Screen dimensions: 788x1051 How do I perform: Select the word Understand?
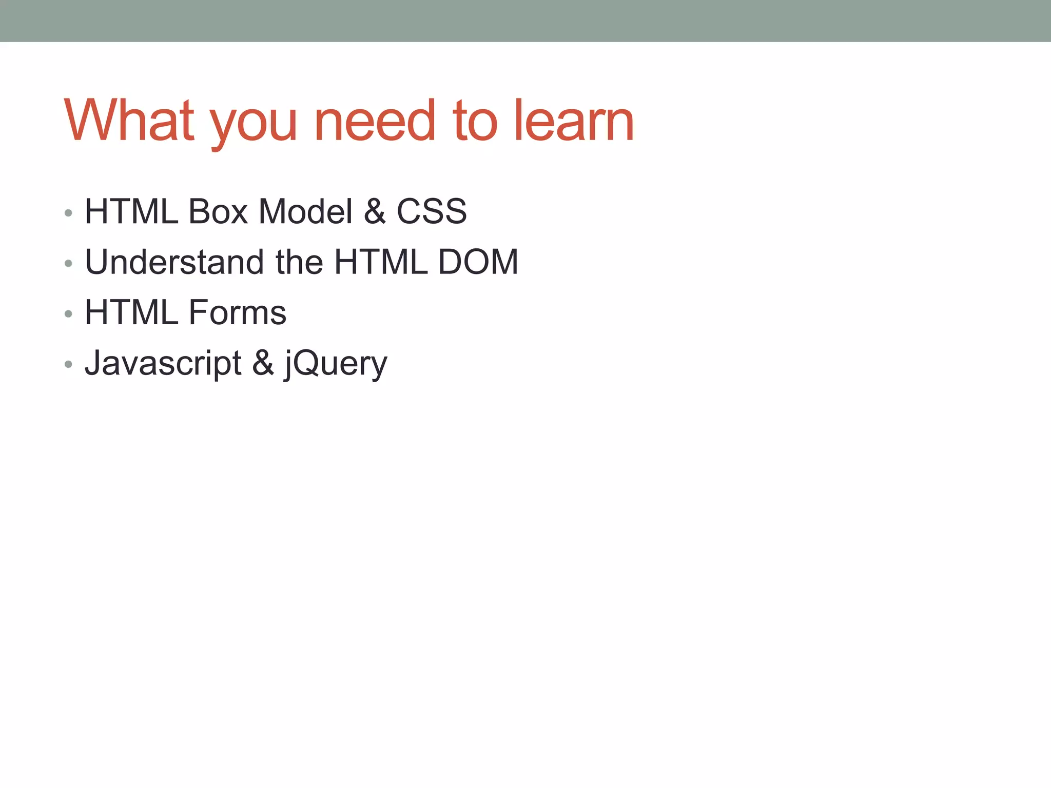click(174, 262)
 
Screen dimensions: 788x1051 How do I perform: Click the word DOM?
click(478, 262)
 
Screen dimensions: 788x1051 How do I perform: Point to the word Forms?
click(237, 312)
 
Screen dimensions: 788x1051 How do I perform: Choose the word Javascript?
click(163, 363)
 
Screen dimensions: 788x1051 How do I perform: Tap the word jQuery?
click(336, 364)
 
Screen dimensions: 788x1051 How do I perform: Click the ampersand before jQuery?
click(263, 363)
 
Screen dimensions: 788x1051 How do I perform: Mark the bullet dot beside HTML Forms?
click(69, 314)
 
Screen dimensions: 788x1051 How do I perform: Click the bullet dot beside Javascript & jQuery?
click(69, 365)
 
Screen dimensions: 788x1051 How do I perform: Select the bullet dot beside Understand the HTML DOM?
click(69, 264)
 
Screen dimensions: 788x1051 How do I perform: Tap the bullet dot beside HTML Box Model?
click(69, 213)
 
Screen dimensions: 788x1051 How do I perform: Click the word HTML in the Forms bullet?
click(131, 312)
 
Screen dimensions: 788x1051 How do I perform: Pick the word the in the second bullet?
click(299, 262)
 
